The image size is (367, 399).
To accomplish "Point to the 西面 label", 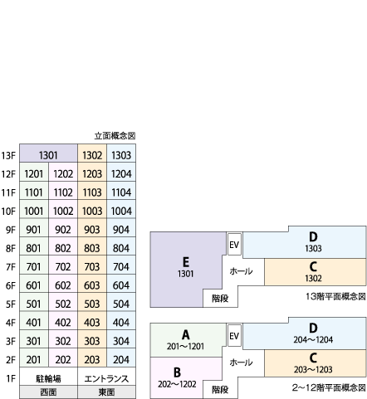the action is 48,392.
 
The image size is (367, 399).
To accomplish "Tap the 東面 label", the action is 106,392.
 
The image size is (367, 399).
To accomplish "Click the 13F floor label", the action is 8,156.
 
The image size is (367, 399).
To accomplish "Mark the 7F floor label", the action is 11,267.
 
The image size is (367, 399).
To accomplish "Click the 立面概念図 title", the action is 115,136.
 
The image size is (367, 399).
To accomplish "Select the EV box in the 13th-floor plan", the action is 234,244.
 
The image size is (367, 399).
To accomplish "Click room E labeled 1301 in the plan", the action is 186,267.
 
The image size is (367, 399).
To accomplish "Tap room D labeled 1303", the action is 313,242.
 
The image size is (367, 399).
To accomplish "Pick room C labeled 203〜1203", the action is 315,363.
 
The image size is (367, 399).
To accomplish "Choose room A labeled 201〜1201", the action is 186,340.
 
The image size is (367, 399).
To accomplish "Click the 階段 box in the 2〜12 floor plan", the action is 220,389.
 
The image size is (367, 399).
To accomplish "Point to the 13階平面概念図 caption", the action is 335,296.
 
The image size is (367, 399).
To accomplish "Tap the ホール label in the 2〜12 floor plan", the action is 241,363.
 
